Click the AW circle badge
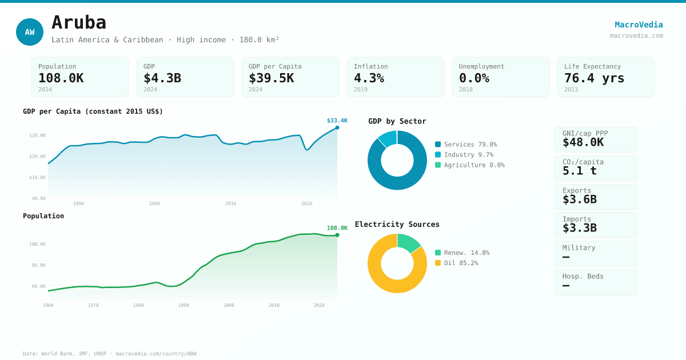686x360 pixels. click(30, 32)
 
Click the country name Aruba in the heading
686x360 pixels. click(79, 23)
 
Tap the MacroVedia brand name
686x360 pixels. click(639, 25)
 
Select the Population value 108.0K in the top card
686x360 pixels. click(61, 78)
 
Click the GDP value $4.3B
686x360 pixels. click(162, 78)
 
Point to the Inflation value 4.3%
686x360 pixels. click(369, 78)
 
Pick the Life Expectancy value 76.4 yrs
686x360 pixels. click(594, 78)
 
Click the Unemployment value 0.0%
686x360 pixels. click(474, 78)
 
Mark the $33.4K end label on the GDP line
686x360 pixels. click(337, 121)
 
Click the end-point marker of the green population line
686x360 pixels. click(337, 235)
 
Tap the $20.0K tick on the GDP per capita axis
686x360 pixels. click(38, 156)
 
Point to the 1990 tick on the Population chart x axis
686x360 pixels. click(184, 305)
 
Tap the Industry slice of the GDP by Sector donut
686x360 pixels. click(388, 138)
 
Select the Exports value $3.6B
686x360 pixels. click(579, 199)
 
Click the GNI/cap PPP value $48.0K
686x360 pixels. click(583, 142)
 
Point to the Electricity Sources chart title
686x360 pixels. click(397, 224)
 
